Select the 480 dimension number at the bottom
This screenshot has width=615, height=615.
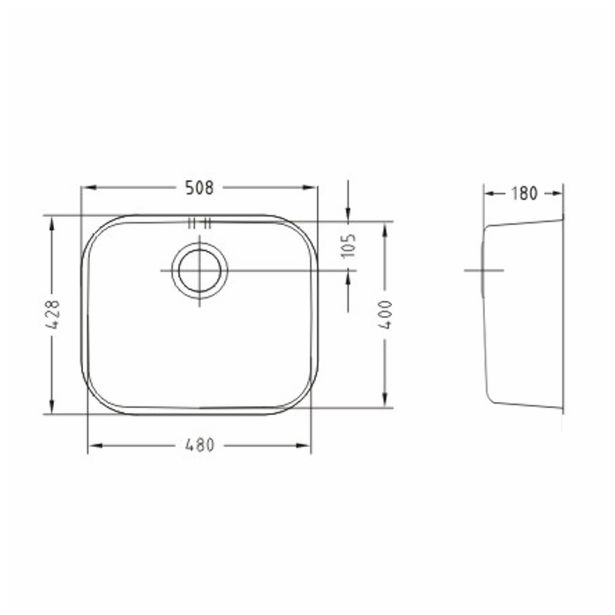[200, 446]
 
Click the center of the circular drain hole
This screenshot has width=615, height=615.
[200, 270]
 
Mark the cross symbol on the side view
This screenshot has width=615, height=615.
[482, 271]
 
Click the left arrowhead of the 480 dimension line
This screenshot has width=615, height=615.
[93, 446]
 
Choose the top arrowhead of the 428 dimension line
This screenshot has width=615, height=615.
[52, 219]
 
